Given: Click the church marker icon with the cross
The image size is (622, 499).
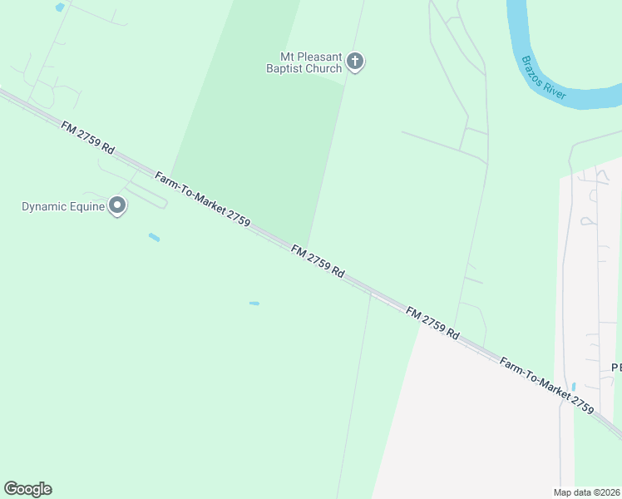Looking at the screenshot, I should click(355, 61).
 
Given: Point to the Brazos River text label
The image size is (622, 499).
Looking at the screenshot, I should click(544, 78).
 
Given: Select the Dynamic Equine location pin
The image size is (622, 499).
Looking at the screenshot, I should click(117, 205).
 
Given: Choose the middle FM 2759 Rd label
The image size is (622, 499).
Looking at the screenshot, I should click(318, 261).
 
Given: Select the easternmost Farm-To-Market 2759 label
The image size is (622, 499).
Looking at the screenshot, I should click(546, 386).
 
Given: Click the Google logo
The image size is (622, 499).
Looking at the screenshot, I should click(27, 489).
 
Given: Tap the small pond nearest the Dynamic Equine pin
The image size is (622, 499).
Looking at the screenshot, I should click(154, 238).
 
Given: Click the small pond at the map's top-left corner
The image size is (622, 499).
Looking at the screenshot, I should click(59, 7).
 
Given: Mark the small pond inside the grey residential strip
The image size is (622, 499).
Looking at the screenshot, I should click(573, 387).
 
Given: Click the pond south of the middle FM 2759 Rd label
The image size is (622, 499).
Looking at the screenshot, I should click(254, 304).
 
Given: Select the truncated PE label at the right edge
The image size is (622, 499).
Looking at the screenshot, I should click(616, 368).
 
